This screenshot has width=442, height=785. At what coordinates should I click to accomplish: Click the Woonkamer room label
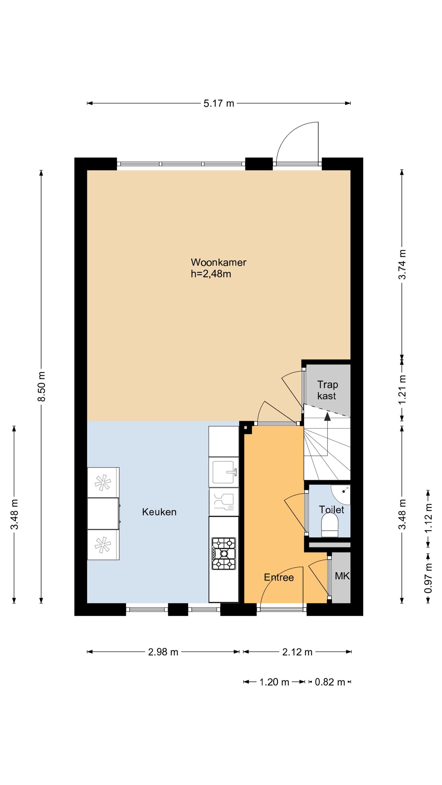219,262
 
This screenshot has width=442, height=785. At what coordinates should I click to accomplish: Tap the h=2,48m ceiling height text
211,274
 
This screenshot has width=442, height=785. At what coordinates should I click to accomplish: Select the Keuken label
159,512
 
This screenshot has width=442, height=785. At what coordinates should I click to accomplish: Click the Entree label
279,577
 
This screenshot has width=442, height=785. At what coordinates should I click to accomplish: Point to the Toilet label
331,510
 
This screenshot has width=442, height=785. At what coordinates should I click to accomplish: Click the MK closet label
342,576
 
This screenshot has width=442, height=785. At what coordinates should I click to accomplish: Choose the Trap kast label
327,390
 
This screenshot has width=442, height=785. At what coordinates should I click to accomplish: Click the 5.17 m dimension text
219,103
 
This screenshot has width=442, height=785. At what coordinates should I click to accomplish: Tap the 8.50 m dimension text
41,386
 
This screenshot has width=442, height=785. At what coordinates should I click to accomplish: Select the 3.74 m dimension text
402,264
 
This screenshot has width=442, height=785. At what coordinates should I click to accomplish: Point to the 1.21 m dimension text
402,390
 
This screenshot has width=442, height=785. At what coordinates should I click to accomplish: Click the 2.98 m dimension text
163,652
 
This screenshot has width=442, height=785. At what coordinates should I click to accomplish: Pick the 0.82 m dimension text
330,682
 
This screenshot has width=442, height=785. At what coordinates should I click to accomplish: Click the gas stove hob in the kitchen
224,553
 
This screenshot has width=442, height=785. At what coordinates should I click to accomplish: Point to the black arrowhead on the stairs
328,416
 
